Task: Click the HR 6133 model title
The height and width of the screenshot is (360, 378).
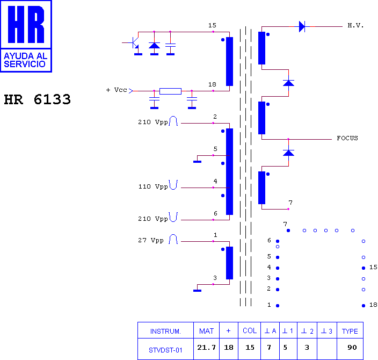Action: tap(38, 99)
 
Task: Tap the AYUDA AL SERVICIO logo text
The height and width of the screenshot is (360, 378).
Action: tap(26, 60)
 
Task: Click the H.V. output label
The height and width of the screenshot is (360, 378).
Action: tap(355, 25)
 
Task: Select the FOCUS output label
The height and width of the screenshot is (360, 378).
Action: tap(347, 138)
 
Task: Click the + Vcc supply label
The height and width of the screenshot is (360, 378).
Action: tap(117, 90)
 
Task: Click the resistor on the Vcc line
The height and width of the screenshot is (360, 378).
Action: tap(170, 91)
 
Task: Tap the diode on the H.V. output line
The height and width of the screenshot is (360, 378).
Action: tap(302, 26)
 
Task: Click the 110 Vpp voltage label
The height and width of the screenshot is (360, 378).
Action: tap(153, 186)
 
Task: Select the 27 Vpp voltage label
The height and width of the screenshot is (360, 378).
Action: tap(151, 240)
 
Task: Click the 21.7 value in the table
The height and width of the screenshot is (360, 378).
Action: tap(206, 348)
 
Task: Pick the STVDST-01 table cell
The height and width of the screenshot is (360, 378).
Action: tap(165, 350)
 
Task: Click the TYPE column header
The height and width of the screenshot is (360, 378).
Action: tap(350, 332)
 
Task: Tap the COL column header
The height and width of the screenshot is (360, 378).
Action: tap(250, 330)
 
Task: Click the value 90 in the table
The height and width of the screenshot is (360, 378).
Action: tap(352, 348)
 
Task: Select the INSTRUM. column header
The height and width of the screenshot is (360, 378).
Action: tap(165, 332)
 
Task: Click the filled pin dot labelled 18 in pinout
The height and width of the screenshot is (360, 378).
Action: tap(364, 306)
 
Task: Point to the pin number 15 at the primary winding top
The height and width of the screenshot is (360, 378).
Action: tap(212, 25)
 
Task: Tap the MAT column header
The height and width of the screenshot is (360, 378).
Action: tap(206, 331)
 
